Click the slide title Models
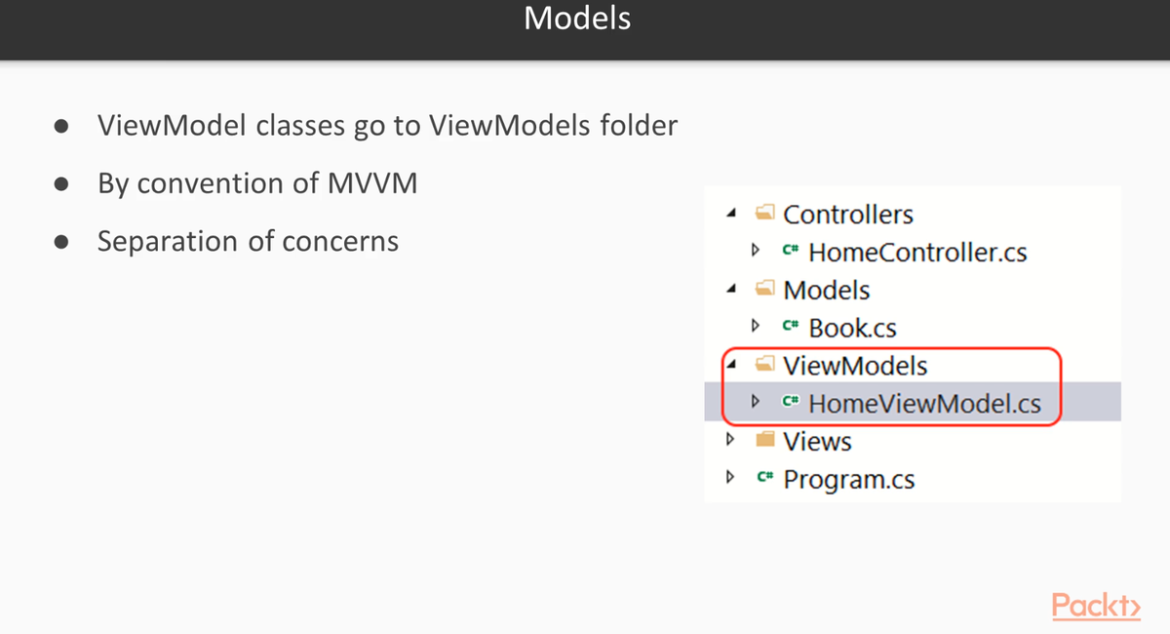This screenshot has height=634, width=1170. (x=577, y=19)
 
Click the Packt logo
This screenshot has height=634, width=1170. (x=1096, y=606)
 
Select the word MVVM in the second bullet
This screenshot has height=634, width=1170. (x=372, y=183)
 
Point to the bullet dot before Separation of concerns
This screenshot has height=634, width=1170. (x=61, y=242)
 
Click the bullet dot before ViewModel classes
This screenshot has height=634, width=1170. (x=61, y=126)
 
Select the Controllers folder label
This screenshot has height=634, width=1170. (x=847, y=215)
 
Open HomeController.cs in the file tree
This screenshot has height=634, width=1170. (x=917, y=253)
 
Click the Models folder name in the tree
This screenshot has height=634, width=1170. (x=827, y=290)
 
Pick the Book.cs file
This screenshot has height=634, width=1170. (x=852, y=329)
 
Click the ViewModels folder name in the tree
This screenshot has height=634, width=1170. (x=855, y=366)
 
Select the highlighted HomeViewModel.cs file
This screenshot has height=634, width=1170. (x=924, y=404)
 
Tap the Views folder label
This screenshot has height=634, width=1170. (x=817, y=442)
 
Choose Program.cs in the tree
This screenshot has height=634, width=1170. (x=849, y=480)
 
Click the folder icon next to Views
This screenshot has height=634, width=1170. (x=765, y=439)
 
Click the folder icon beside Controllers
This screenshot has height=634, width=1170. (x=765, y=213)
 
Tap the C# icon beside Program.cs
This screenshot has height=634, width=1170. (x=765, y=476)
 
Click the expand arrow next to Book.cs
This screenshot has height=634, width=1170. (x=756, y=325)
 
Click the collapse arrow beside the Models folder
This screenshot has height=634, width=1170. (x=732, y=289)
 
